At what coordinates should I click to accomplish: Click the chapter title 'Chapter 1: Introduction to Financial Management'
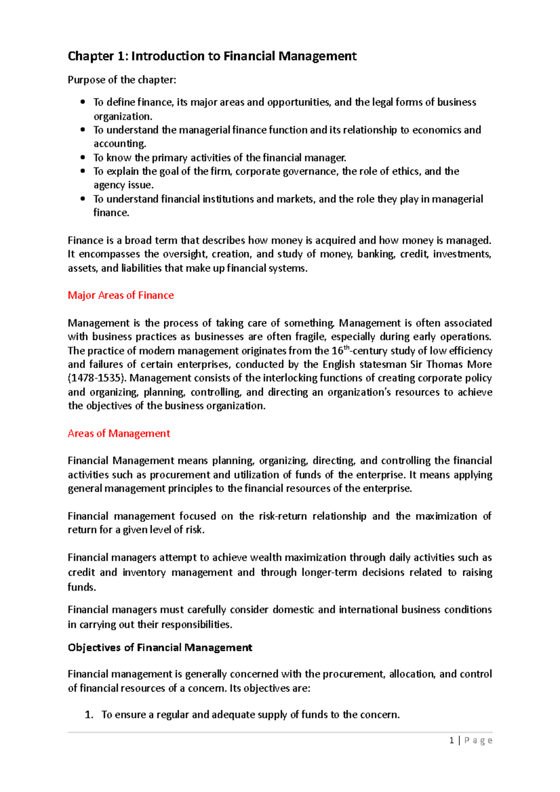point(212,56)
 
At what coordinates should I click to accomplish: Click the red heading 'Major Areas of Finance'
point(120,295)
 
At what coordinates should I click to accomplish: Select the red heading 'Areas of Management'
point(119,433)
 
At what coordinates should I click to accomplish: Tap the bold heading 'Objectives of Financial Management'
point(160,647)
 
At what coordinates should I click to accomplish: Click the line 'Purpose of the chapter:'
point(122,80)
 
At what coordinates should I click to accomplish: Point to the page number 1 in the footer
point(451,740)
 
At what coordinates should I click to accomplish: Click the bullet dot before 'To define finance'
point(83,102)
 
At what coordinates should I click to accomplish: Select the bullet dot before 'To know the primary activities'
point(83,158)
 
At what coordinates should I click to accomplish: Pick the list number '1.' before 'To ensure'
point(89,715)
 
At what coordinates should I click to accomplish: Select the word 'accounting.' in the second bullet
point(119,144)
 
